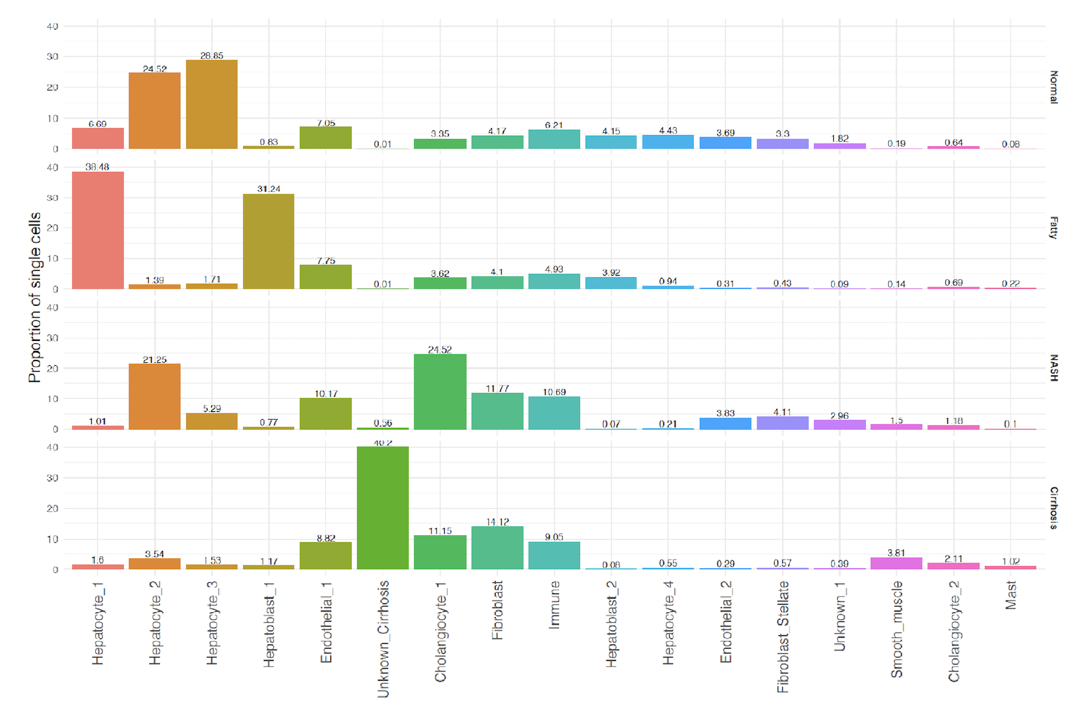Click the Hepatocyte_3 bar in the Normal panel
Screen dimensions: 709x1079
coord(211,104)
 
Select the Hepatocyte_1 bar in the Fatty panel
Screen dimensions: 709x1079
coord(98,231)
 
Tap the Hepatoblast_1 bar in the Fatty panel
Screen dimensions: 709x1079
coord(268,242)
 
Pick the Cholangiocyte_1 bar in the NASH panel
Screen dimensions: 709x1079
coord(440,392)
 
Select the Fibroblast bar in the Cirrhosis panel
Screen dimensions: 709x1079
coord(497,548)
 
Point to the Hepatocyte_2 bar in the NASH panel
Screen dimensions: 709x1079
coord(155,397)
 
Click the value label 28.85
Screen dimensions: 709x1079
coord(211,56)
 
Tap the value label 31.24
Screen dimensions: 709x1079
coord(268,189)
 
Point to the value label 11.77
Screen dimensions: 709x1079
coord(497,389)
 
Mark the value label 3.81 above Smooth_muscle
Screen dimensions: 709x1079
coord(896,553)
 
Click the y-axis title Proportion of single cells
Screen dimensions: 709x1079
coord(34,297)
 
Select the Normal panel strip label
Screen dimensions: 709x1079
coord(1054,87)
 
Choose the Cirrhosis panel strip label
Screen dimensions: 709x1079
coord(1054,508)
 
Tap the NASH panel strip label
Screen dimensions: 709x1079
coord(1054,368)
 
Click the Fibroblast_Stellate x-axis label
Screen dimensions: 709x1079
coord(783,636)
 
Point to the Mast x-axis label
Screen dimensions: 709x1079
coord(1011,595)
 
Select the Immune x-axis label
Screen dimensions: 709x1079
coord(554,604)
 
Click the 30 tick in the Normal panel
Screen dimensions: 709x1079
coord(53,57)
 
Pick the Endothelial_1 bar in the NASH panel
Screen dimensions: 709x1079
coord(326,414)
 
